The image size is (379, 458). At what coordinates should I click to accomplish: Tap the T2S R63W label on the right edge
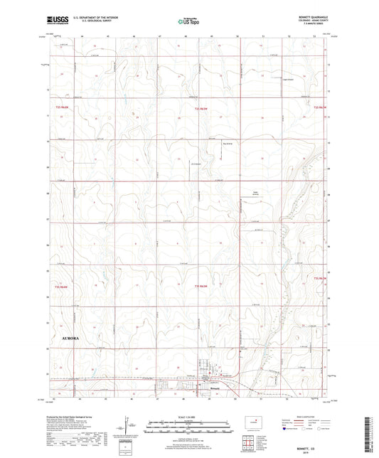(321, 107)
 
